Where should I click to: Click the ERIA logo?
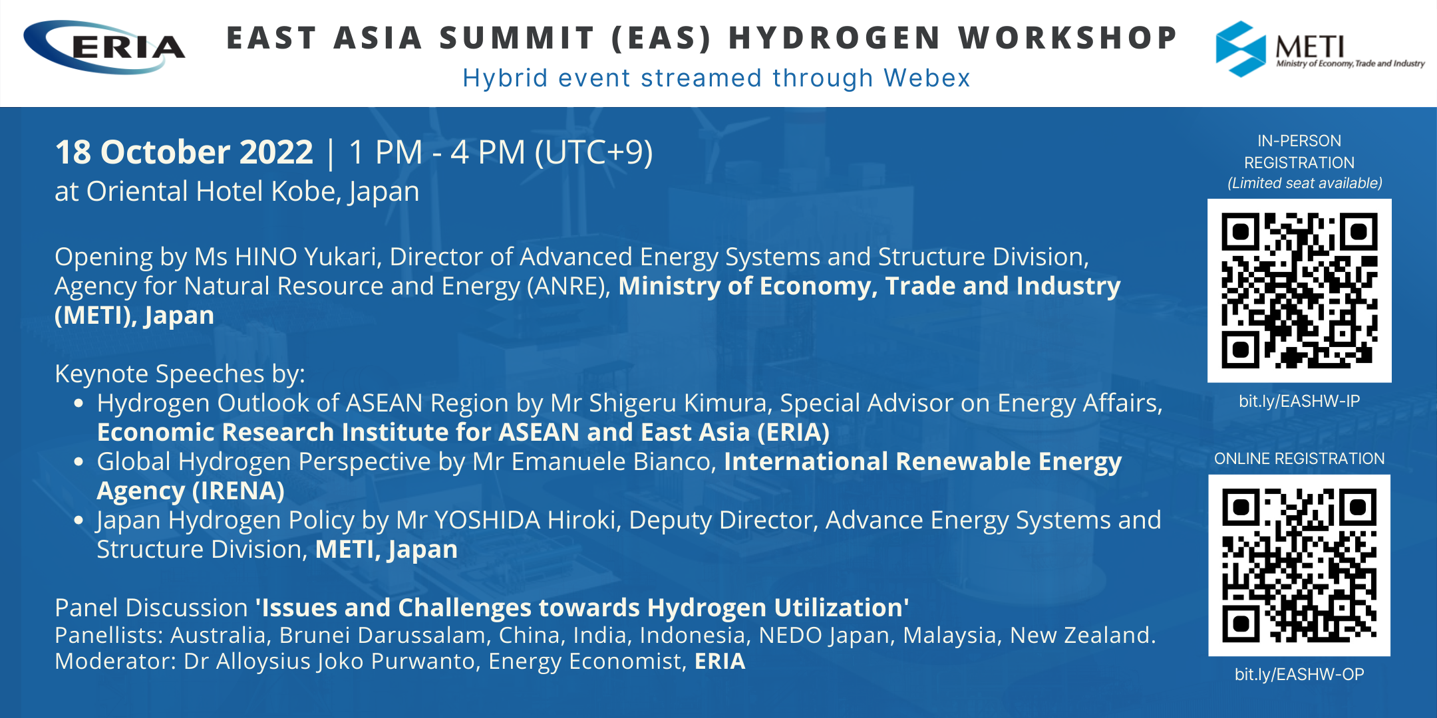click(x=104, y=47)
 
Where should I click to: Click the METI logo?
click(x=1320, y=49)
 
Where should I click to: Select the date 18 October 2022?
click(x=184, y=153)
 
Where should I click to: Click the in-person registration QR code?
click(x=1299, y=291)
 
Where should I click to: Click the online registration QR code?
click(x=1299, y=566)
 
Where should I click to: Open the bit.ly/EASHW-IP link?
click(x=1299, y=401)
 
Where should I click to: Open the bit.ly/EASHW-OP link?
click(x=1299, y=674)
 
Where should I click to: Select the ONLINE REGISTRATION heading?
click(x=1299, y=459)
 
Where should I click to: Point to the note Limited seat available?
click(x=1305, y=183)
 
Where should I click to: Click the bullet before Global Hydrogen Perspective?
click(x=79, y=462)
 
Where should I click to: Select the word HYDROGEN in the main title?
click(x=835, y=38)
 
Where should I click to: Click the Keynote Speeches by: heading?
click(x=180, y=374)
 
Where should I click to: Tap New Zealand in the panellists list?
click(x=1083, y=636)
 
